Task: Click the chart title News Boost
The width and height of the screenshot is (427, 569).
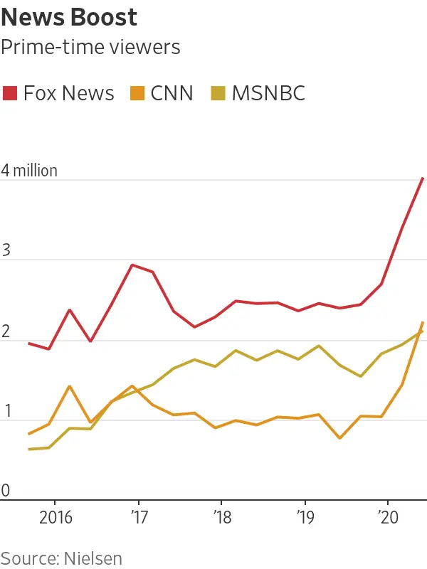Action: (69, 17)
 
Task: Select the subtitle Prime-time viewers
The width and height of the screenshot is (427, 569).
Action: (90, 48)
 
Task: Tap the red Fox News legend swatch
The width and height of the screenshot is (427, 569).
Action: (11, 93)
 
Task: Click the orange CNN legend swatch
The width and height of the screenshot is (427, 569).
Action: (137, 93)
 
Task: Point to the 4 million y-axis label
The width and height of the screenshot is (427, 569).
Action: (29, 171)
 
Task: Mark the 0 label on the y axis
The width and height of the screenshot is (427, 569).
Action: (6, 491)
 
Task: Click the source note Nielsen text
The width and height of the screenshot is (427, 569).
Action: (61, 558)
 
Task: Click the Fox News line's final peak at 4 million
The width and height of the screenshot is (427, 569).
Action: (423, 178)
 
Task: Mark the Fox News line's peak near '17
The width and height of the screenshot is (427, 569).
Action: (132, 265)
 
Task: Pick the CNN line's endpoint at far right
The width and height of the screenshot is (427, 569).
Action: (423, 322)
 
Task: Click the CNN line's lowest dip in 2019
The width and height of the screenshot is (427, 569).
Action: (339, 438)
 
